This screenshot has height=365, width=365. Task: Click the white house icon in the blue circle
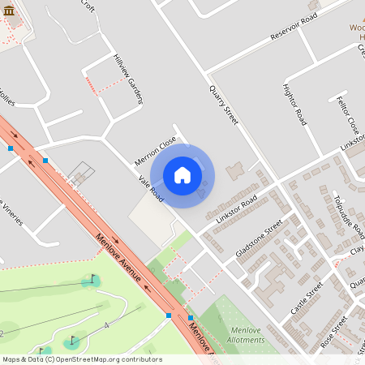[182, 174]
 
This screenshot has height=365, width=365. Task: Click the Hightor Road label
[294, 105]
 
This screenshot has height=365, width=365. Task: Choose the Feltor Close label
[346, 114]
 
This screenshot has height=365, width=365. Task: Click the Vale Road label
[151, 189]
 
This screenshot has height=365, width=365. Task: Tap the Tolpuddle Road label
[350, 217]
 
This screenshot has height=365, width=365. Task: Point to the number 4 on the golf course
[106, 325]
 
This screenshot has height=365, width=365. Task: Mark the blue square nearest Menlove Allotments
[191, 318]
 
